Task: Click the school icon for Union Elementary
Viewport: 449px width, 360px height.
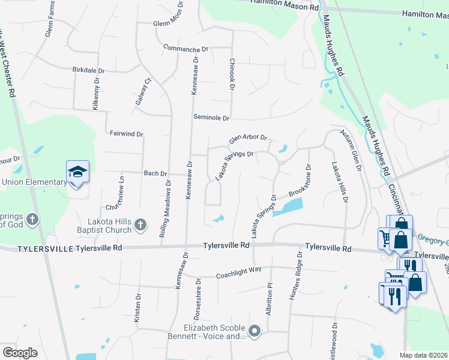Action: (x=77, y=172)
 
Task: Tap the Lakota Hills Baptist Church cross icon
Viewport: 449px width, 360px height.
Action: (x=140, y=225)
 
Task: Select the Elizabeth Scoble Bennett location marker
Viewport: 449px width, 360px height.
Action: (x=255, y=331)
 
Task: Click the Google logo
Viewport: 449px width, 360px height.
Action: (x=20, y=353)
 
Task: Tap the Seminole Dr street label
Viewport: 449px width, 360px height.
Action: (x=211, y=118)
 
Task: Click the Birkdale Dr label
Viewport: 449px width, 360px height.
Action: (x=88, y=70)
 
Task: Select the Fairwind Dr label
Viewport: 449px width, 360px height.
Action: (x=127, y=133)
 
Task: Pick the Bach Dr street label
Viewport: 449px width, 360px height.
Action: (x=155, y=173)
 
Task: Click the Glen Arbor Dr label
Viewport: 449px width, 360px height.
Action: (x=247, y=138)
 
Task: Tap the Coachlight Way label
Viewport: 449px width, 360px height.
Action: (x=239, y=276)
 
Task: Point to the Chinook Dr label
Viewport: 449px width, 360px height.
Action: (x=231, y=74)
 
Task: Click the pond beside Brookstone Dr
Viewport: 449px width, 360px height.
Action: (x=288, y=207)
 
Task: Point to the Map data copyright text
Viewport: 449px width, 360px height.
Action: (x=424, y=355)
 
